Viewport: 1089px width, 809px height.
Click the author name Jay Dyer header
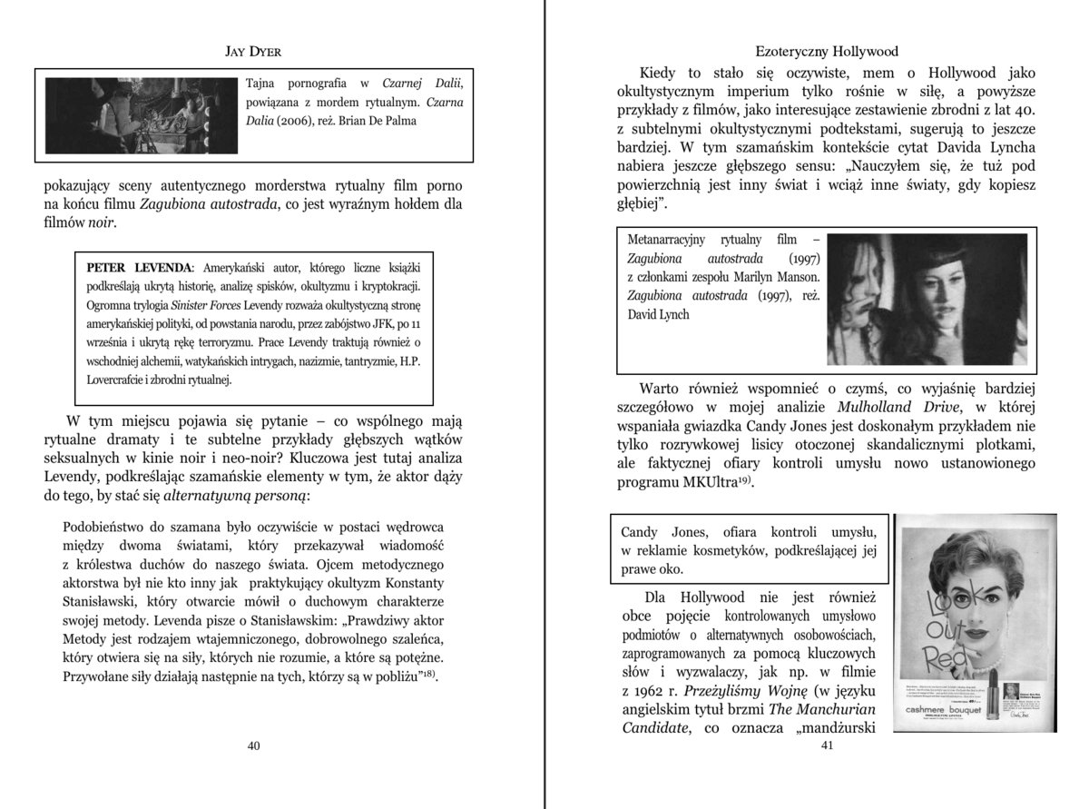(253, 52)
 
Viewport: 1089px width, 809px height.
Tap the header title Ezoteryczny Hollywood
(826, 52)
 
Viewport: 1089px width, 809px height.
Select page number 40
(254, 745)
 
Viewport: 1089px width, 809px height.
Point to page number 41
(826, 745)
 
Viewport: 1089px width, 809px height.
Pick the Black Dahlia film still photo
(142, 115)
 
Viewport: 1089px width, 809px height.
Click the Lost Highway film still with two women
(927, 300)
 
